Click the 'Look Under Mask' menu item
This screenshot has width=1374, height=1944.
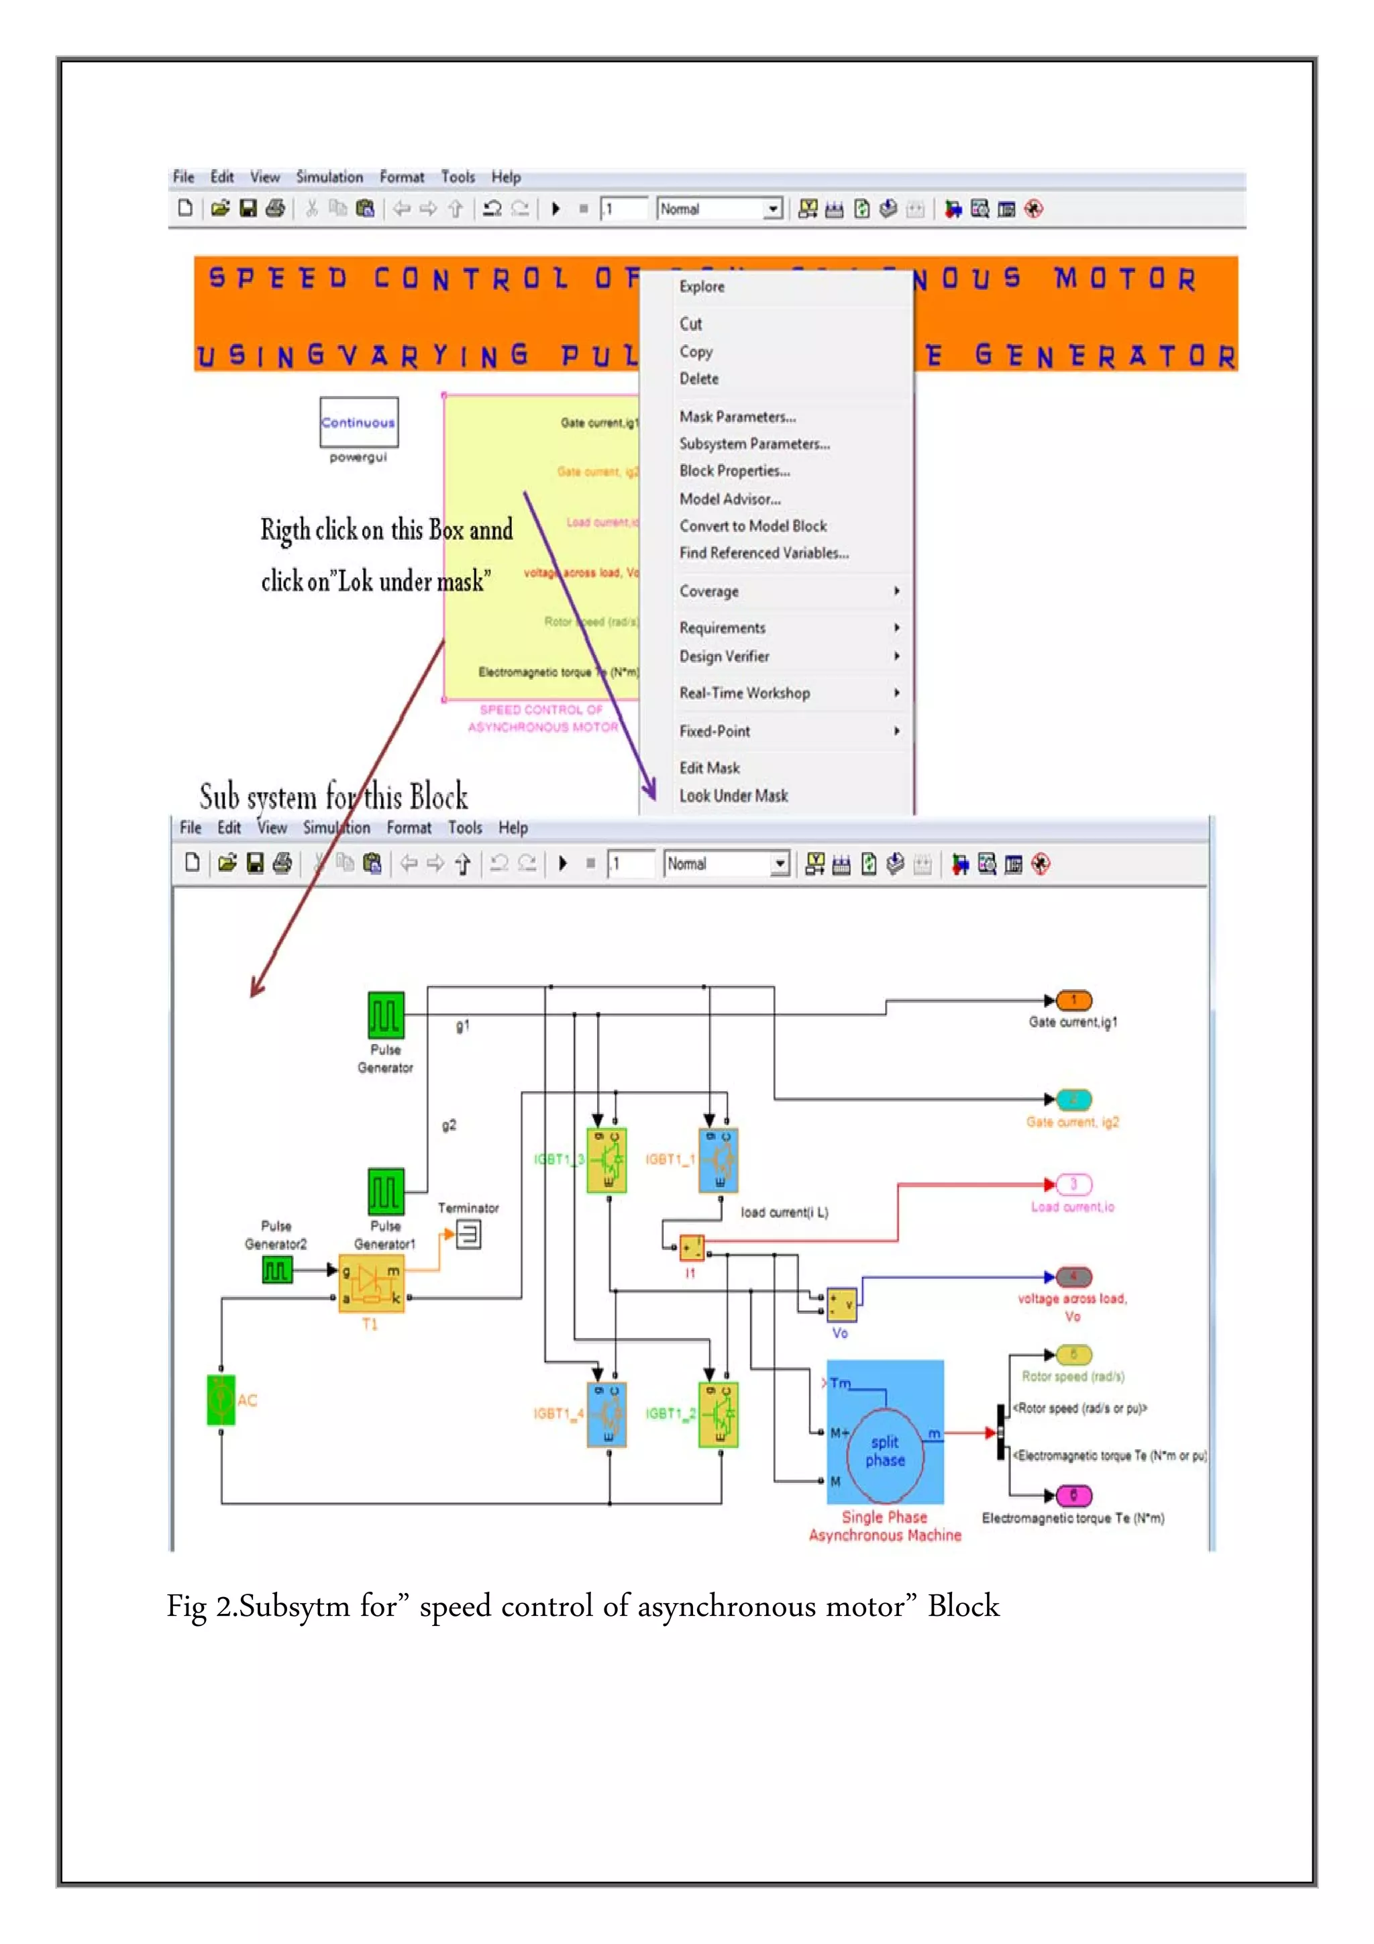[733, 796]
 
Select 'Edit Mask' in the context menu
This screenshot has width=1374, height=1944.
[709, 768]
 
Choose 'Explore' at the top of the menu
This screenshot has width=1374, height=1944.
[702, 286]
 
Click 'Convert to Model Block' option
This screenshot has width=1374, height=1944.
[753, 526]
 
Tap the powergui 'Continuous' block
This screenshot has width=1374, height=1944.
[359, 421]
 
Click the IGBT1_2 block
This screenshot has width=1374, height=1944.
[719, 1414]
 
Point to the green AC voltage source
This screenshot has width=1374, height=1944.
[221, 1400]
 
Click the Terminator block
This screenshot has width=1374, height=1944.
[468, 1235]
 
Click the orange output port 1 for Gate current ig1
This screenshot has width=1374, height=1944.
[1073, 1001]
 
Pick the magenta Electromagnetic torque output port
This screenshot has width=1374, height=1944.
[1073, 1495]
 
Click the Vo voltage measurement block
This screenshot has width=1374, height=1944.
[841, 1304]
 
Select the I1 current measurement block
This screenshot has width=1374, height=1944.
[692, 1247]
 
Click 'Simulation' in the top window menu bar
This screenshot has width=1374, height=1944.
[329, 177]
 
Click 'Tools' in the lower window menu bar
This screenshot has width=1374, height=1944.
[465, 828]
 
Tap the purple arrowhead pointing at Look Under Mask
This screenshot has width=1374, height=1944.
[649, 792]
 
